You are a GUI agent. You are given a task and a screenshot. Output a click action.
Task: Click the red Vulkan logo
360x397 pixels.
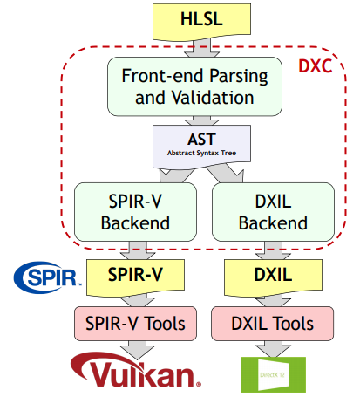tap(139, 374)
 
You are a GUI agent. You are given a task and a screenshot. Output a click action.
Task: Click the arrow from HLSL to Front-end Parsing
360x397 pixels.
tap(200, 46)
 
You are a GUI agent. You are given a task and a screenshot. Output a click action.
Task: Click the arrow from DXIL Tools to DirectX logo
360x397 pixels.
tap(264, 349)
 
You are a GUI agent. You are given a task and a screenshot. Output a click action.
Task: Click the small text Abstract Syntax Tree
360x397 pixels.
tap(200, 153)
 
